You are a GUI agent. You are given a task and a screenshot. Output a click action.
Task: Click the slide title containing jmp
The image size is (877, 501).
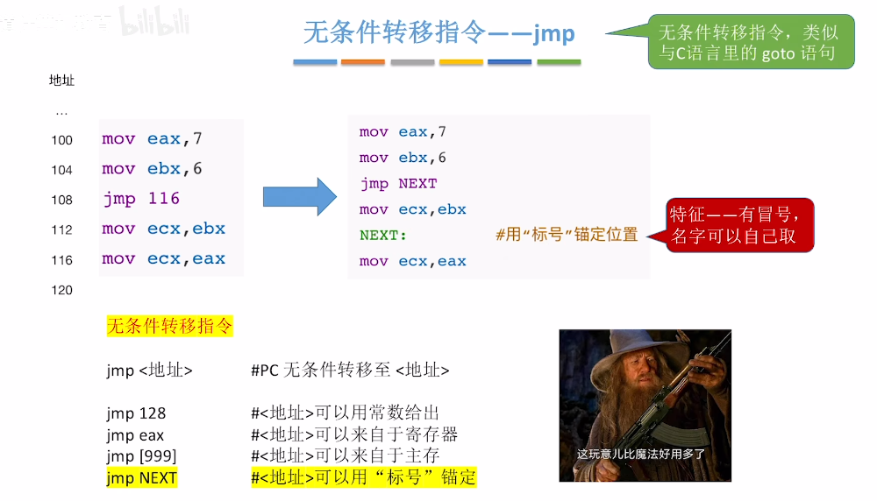point(438,33)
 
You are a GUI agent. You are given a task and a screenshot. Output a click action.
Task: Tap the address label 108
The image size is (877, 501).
point(61,200)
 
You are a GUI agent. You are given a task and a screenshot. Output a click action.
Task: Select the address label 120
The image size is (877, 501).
point(61,290)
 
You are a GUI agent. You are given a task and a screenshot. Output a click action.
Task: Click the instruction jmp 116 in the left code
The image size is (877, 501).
point(141,199)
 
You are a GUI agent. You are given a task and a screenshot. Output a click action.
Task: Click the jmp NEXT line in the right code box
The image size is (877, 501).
point(398,184)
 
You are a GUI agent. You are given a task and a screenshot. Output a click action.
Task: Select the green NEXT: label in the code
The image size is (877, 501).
point(384,236)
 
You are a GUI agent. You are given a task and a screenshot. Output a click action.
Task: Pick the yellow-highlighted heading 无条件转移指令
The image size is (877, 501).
point(170,327)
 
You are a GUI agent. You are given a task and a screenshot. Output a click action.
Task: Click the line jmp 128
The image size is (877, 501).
point(136,413)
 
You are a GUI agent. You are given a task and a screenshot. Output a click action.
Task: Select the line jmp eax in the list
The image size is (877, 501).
point(135,434)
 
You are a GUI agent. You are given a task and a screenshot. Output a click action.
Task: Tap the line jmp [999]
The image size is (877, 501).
point(141,456)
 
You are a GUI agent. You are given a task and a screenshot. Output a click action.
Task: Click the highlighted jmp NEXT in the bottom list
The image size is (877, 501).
point(141,478)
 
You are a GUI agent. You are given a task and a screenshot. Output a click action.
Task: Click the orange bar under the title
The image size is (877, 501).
point(363,62)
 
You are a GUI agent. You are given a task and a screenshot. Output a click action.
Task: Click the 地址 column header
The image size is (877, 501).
point(61,81)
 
